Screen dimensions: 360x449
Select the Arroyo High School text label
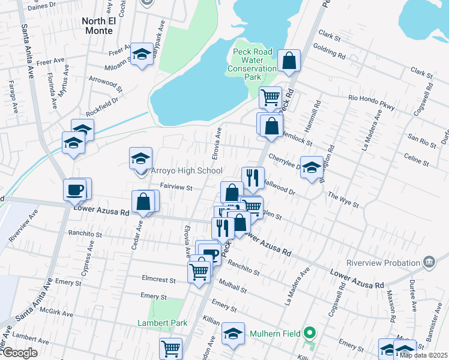(x=186, y=171)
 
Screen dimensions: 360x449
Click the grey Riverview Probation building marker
(x=429, y=262)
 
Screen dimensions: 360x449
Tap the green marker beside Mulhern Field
(x=310, y=332)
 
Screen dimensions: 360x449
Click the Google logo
(x=19, y=353)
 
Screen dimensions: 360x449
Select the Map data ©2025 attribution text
(x=424, y=355)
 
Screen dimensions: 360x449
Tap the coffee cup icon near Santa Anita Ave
(x=76, y=190)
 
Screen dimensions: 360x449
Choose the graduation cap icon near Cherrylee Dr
(x=312, y=167)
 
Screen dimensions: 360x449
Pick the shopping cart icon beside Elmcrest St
(x=199, y=271)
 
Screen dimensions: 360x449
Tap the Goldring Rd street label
(x=329, y=52)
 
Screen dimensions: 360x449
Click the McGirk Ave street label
(x=56, y=314)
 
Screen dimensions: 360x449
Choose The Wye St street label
(x=343, y=200)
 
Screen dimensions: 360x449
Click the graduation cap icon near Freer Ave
(x=142, y=54)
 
